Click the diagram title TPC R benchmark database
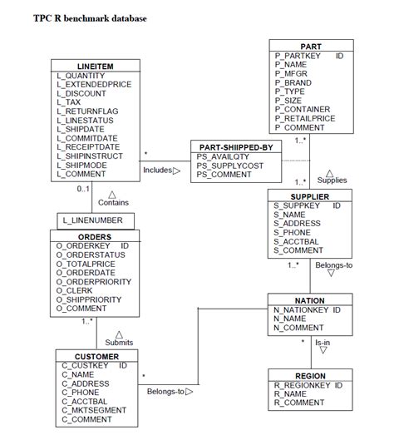(x=91, y=17)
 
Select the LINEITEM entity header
(x=95, y=66)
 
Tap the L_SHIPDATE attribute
(x=81, y=129)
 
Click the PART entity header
(x=311, y=46)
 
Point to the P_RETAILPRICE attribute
(x=305, y=118)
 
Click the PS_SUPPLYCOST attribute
(x=229, y=166)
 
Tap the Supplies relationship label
(x=332, y=180)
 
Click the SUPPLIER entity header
(x=311, y=195)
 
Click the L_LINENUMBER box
(x=92, y=220)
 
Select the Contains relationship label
(x=113, y=202)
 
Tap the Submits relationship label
(x=119, y=342)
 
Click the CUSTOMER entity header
(x=96, y=356)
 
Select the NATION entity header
(x=310, y=300)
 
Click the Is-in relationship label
(x=322, y=342)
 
